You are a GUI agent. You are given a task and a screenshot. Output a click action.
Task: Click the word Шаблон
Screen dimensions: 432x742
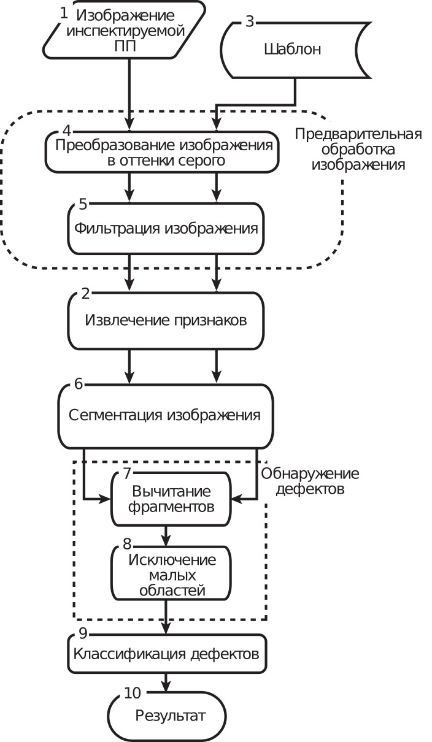[x=293, y=49]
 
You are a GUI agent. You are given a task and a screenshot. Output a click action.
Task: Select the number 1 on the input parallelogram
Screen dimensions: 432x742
[x=63, y=13]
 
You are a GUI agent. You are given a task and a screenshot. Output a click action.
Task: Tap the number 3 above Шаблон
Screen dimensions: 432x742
[x=250, y=21]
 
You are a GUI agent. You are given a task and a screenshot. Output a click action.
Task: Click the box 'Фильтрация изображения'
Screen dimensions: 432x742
[x=166, y=228]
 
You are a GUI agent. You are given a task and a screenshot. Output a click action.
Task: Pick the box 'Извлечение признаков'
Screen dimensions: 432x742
[x=166, y=320]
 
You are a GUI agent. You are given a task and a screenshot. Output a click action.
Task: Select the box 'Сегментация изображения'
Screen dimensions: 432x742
[x=166, y=416]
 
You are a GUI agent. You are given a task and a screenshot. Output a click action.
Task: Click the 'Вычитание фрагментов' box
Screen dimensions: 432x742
[x=171, y=499]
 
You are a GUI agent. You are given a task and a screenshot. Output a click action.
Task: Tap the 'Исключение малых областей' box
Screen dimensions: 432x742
[x=171, y=574]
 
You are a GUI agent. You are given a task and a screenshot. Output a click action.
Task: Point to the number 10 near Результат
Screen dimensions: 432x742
[x=133, y=693]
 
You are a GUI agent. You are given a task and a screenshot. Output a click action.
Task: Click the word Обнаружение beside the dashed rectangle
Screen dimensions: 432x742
[x=310, y=474]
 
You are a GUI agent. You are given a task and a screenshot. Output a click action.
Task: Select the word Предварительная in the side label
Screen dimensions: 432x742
[x=358, y=134]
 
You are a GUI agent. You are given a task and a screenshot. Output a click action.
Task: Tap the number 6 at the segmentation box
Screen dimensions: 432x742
[x=79, y=384]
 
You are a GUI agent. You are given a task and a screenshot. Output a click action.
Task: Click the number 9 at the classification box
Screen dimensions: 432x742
[x=83, y=633]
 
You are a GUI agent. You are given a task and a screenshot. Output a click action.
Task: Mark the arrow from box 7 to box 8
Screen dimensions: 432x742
[x=166, y=536]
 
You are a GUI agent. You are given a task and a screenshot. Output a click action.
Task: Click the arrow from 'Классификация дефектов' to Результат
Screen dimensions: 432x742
[x=166, y=683]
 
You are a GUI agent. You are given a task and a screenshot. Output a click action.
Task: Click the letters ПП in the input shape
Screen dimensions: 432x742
[x=125, y=47]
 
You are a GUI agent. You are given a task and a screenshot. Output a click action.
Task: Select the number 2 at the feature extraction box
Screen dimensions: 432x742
[x=85, y=294]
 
